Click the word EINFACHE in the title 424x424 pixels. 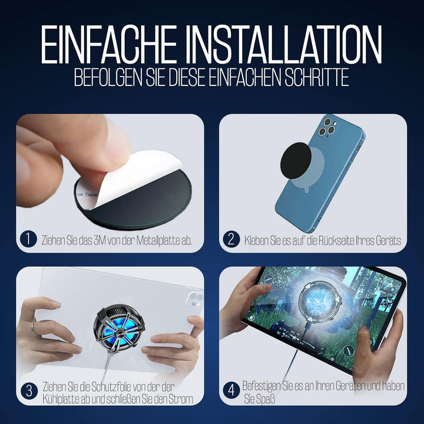click(109, 44)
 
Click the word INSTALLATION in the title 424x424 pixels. click(284, 44)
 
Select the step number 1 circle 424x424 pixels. click(28, 239)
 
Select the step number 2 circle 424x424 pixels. click(231, 239)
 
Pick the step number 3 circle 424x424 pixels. click(29, 391)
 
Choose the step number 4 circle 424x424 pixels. click(231, 390)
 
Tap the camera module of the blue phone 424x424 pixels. click(327, 127)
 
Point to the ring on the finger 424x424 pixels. click(33, 328)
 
